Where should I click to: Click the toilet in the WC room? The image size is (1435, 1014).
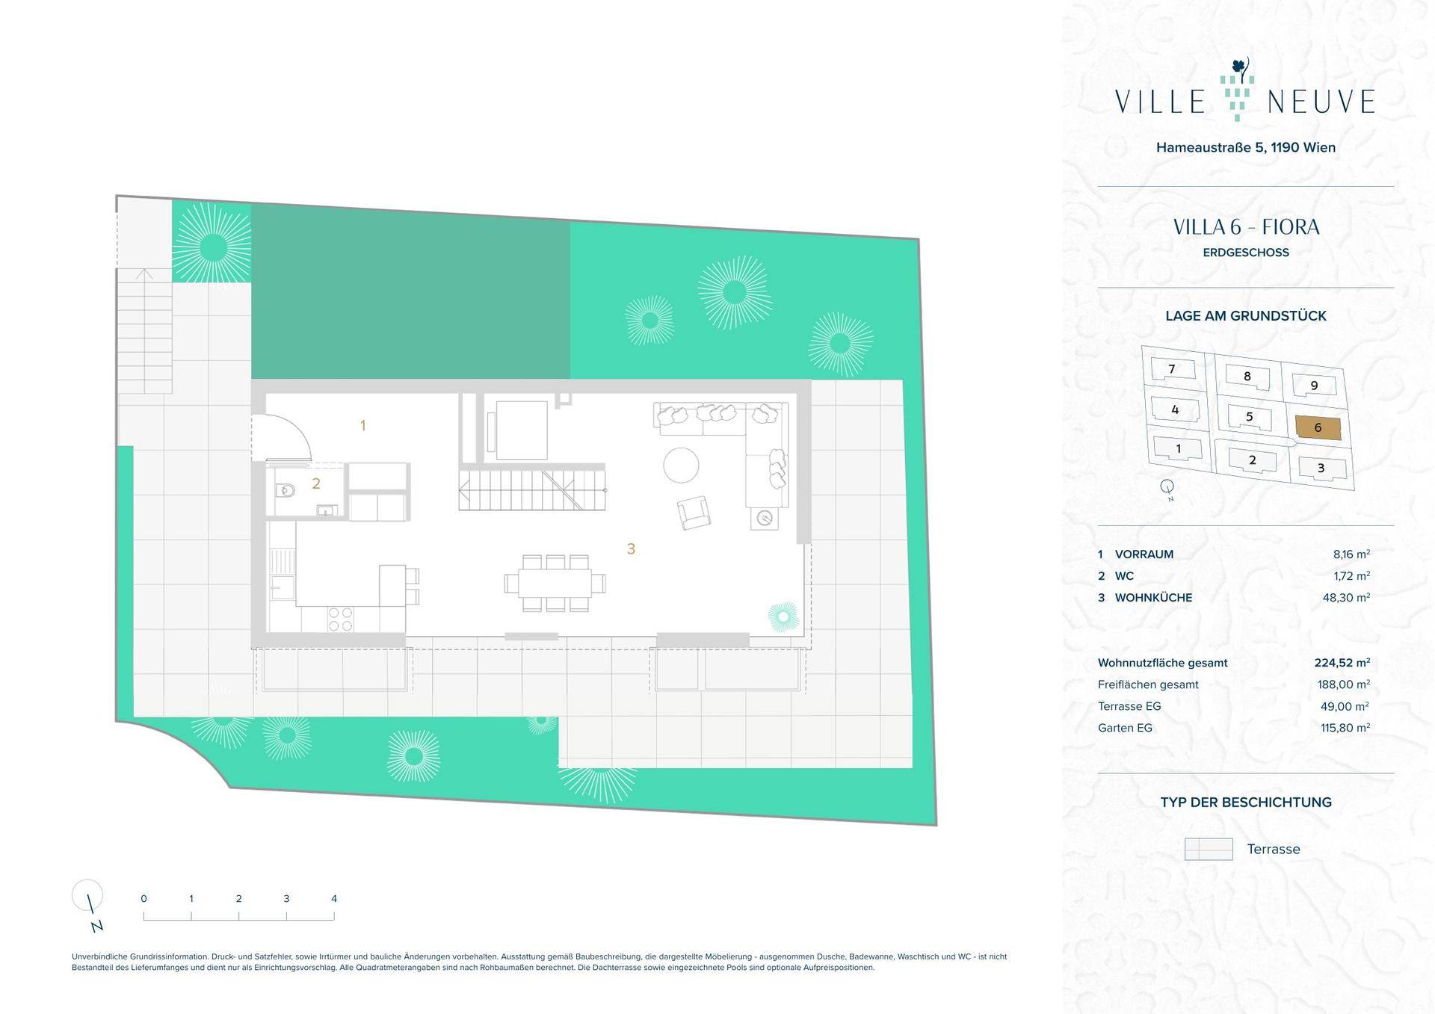[x=285, y=491]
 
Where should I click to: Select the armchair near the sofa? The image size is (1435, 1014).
[x=694, y=513]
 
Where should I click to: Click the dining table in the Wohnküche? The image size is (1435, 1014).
[x=555, y=583]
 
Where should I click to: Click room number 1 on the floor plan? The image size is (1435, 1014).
[x=363, y=426]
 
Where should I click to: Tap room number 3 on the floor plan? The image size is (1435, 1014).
[x=631, y=549]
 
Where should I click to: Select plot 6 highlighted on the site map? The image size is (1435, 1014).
[x=1318, y=427]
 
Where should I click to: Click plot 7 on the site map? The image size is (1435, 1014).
[x=1172, y=368]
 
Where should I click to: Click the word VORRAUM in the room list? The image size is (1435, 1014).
[x=1144, y=554]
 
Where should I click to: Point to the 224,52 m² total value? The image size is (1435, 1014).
[x=1342, y=663]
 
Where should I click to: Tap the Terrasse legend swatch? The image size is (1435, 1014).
[x=1209, y=849]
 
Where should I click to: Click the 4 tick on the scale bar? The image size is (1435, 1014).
[x=334, y=899]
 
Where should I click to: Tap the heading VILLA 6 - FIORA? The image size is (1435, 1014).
[x=1246, y=227]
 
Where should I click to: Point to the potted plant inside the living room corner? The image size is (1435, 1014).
[x=783, y=616]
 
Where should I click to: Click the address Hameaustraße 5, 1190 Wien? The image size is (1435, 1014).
[x=1246, y=147]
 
